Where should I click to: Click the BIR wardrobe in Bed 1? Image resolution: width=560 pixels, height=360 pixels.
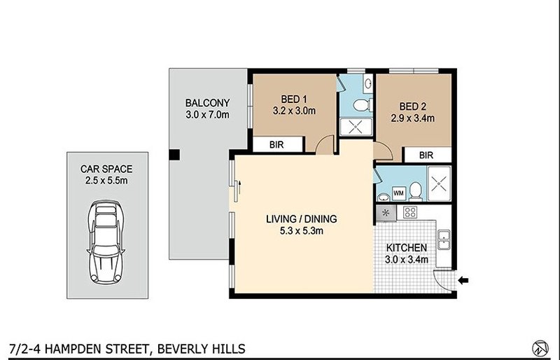(277, 145)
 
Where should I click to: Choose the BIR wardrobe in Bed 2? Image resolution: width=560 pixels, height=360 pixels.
(426, 155)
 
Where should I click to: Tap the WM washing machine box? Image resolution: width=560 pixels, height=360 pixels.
(398, 191)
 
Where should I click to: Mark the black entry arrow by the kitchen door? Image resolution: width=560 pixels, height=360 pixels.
(463, 281)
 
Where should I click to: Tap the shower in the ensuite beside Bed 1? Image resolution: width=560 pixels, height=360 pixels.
(356, 127)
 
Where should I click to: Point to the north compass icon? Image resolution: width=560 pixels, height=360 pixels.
(539, 347)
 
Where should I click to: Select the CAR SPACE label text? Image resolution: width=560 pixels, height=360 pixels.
(107, 169)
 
